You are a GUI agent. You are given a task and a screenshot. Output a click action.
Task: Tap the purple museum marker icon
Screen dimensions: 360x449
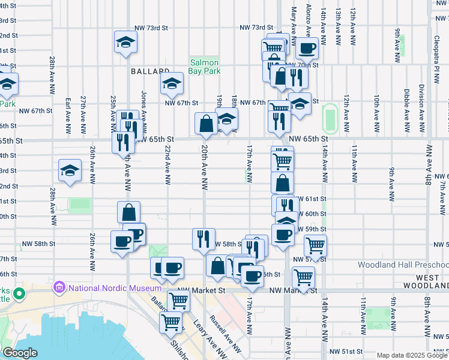[59, 288]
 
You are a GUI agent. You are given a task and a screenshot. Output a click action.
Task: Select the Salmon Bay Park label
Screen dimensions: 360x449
[205, 67]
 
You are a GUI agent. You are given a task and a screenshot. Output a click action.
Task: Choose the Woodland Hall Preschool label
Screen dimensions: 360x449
[403, 265]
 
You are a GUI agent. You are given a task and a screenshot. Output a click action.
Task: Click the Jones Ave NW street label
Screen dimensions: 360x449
[143, 108]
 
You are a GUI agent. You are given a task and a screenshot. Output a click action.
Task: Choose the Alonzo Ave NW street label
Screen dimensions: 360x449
[308, 18]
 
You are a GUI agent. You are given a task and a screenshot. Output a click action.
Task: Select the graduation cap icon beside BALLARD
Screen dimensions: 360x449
[172, 84]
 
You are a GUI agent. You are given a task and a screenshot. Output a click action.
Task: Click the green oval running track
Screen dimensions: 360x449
[329, 118]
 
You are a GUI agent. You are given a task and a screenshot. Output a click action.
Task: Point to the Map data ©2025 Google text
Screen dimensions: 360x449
[412, 355]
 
